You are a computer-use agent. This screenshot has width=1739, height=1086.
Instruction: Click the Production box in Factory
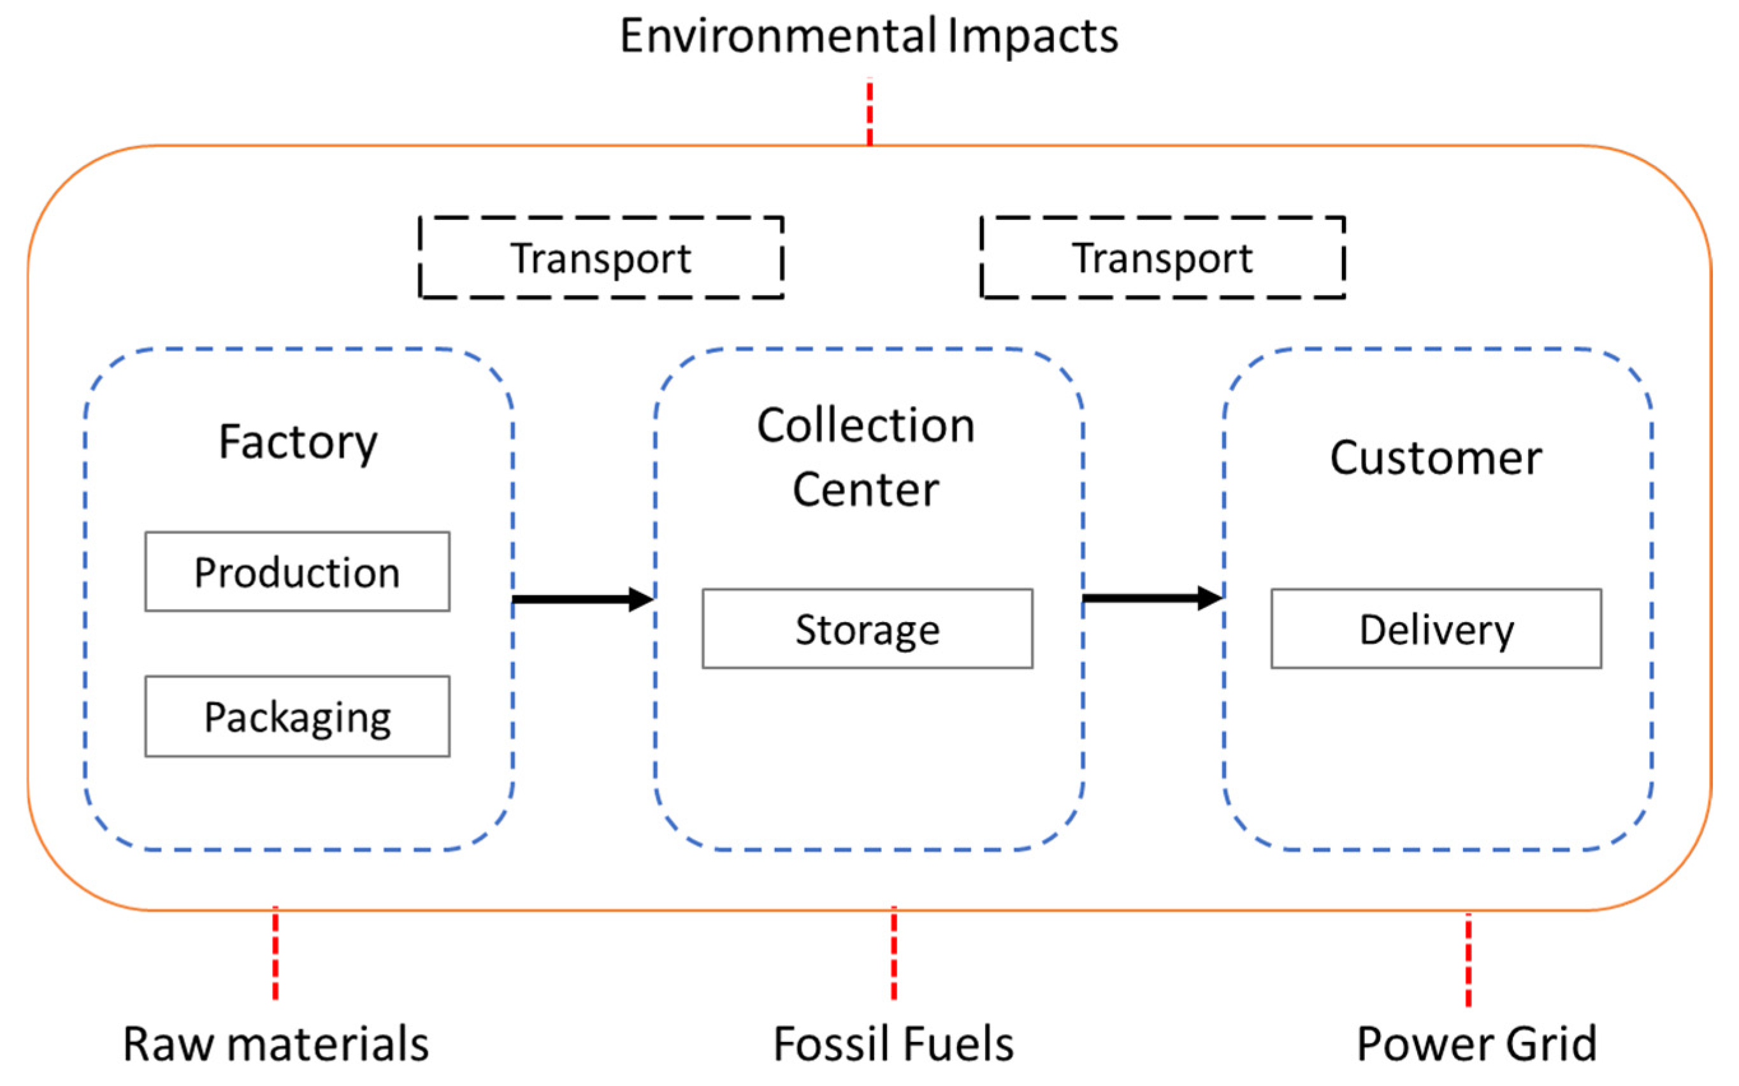click(x=297, y=572)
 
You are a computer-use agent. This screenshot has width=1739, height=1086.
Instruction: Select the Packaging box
click(x=297, y=716)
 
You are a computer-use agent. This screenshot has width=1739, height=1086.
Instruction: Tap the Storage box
click(x=867, y=628)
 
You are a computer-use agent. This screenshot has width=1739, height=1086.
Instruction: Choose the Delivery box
click(x=1436, y=628)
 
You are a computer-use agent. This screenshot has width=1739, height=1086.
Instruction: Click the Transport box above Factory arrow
click(x=601, y=257)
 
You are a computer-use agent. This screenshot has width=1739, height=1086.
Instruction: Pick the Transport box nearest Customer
click(x=1162, y=257)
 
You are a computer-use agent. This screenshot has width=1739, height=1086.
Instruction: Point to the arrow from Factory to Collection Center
click(x=582, y=599)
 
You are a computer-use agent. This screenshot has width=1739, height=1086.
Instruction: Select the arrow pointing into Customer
click(x=1151, y=598)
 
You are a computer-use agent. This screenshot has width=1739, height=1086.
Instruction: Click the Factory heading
click(x=297, y=442)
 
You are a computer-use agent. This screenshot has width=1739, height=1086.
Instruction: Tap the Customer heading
click(x=1436, y=458)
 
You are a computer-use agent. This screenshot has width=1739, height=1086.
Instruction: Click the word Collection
click(x=866, y=425)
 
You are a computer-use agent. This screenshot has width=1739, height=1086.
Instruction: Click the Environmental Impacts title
click(x=869, y=36)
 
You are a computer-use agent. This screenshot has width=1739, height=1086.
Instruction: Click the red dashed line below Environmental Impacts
click(x=869, y=112)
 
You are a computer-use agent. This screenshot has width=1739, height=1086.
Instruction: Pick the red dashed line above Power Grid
click(x=1468, y=959)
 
